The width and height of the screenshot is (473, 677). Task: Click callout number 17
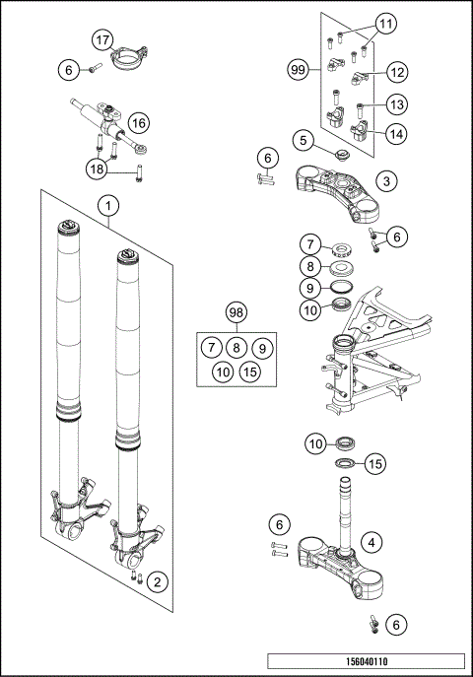coord(102,40)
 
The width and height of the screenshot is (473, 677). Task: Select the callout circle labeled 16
coord(137,123)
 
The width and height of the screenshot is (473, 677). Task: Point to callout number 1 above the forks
coord(107,206)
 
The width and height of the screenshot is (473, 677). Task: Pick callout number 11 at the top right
coord(385,22)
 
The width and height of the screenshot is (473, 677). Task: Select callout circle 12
coord(398,71)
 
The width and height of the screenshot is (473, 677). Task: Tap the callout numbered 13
coord(397,103)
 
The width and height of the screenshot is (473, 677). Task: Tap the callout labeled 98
coord(235,313)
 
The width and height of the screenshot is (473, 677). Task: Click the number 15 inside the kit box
coord(250,372)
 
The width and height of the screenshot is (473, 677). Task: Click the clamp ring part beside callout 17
coord(129,62)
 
